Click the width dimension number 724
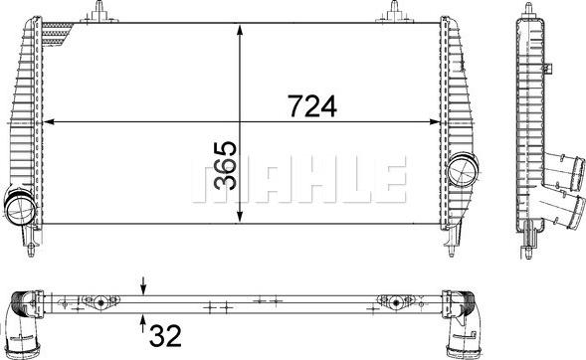point(312,106)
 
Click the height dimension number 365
point(225,165)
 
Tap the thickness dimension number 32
point(165,336)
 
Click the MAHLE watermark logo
point(299,179)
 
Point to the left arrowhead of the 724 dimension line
point(49,121)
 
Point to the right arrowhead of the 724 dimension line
point(435,121)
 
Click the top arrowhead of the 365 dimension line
point(240,30)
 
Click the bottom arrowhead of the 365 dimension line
point(240,217)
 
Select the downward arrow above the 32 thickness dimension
point(143,286)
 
